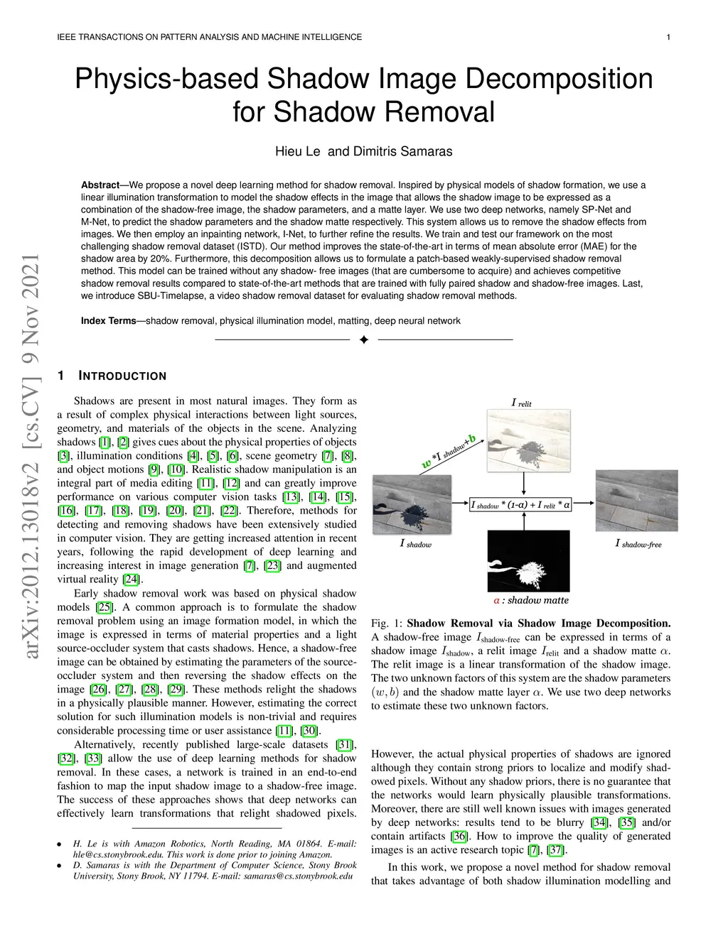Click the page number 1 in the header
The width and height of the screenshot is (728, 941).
[669, 37]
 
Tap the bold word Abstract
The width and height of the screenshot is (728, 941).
[100, 185]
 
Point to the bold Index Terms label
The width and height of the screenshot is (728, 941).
[108, 321]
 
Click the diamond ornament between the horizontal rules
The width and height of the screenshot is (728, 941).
[364, 340]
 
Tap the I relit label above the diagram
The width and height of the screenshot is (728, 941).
[521, 403]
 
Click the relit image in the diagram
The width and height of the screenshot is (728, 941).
[528, 441]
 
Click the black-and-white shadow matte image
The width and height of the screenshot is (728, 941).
[528, 560]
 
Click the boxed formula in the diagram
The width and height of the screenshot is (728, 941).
[521, 505]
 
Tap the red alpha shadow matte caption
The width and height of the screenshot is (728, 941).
[531, 600]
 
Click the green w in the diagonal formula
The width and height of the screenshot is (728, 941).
[427, 464]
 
